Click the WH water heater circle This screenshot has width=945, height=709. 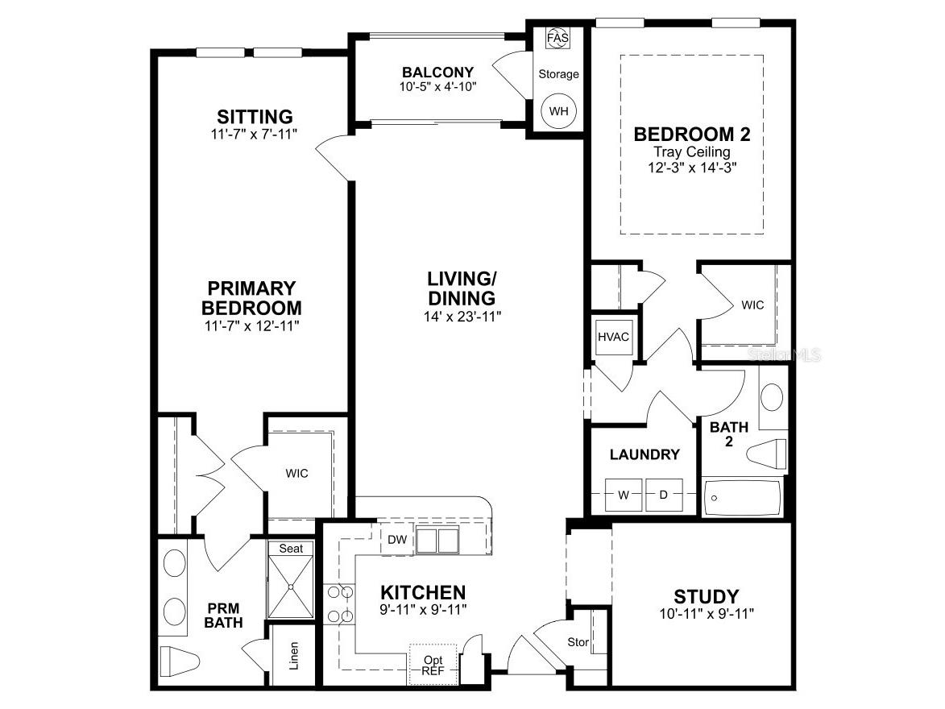pos(558,110)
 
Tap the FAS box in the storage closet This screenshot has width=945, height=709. pos(557,39)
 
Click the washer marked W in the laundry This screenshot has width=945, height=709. pos(623,495)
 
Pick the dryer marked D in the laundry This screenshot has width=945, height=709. pos(664,495)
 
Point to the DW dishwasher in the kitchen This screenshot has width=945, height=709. pos(396,539)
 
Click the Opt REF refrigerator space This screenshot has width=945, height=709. pos(433,665)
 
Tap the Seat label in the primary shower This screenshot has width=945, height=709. pos(291,548)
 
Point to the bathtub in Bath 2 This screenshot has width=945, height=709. pos(742,498)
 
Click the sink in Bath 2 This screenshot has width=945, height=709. pos(772,397)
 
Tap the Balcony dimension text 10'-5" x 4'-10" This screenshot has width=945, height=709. pos(438,86)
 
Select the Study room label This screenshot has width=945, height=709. pos(706,596)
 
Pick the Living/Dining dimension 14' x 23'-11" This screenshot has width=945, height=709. pos(462,317)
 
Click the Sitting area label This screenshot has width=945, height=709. pos(254,117)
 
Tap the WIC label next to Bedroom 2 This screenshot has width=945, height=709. pos(752,305)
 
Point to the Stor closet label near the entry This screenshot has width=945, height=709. pos(578,643)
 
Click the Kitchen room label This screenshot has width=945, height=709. pos(423,592)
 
